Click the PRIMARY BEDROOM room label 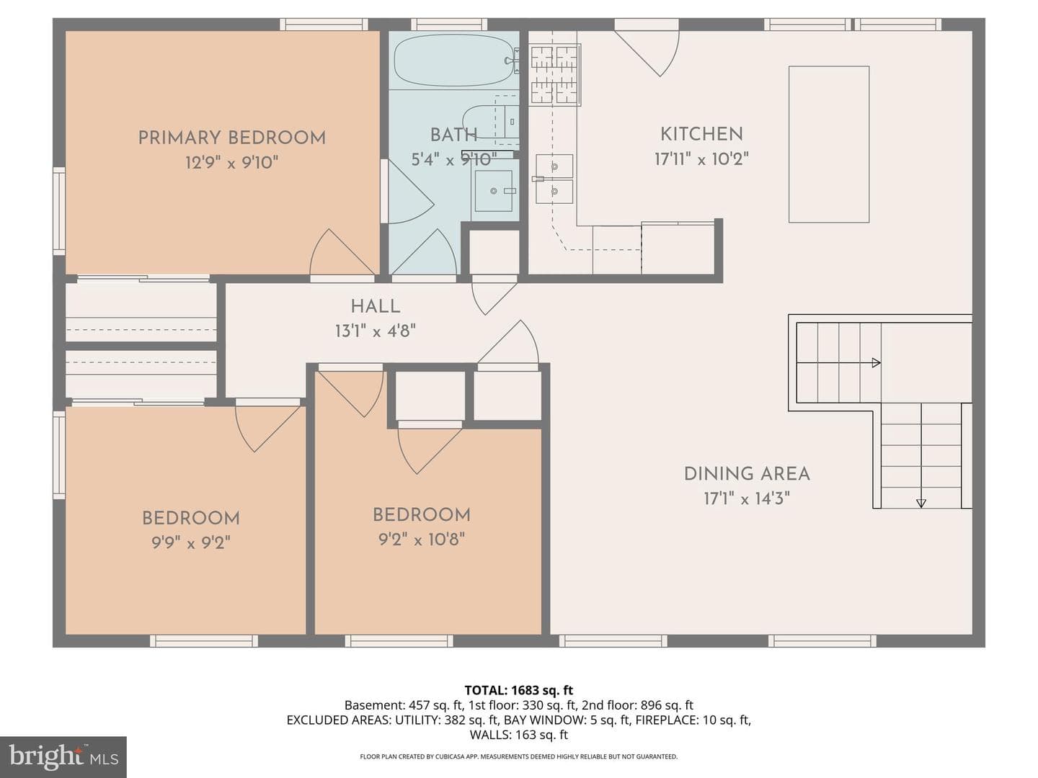pyautogui.click(x=231, y=138)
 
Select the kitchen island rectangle pyautogui.click(x=828, y=144)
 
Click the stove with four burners pyautogui.click(x=554, y=74)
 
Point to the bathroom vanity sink pyautogui.click(x=493, y=191)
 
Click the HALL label pyautogui.click(x=376, y=307)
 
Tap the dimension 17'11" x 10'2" pyautogui.click(x=701, y=159)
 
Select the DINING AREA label pyautogui.click(x=747, y=474)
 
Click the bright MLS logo pyautogui.click(x=63, y=756)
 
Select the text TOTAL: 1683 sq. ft pyautogui.click(x=519, y=690)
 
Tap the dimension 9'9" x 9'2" pyautogui.click(x=191, y=542)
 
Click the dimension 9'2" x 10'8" pyautogui.click(x=422, y=539)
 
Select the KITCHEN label pyautogui.click(x=701, y=134)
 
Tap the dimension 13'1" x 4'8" pyautogui.click(x=376, y=331)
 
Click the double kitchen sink pyautogui.click(x=554, y=179)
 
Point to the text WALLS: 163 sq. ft pyautogui.click(x=519, y=735)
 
